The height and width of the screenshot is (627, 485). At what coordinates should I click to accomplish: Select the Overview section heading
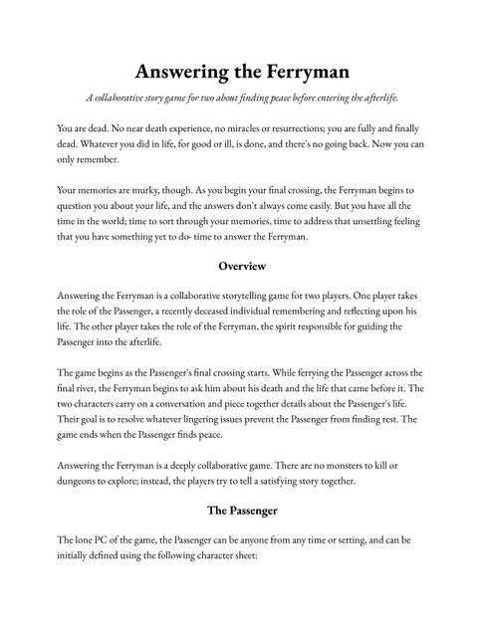(242, 266)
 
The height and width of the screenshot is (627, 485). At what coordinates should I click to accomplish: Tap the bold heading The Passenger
(242, 511)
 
